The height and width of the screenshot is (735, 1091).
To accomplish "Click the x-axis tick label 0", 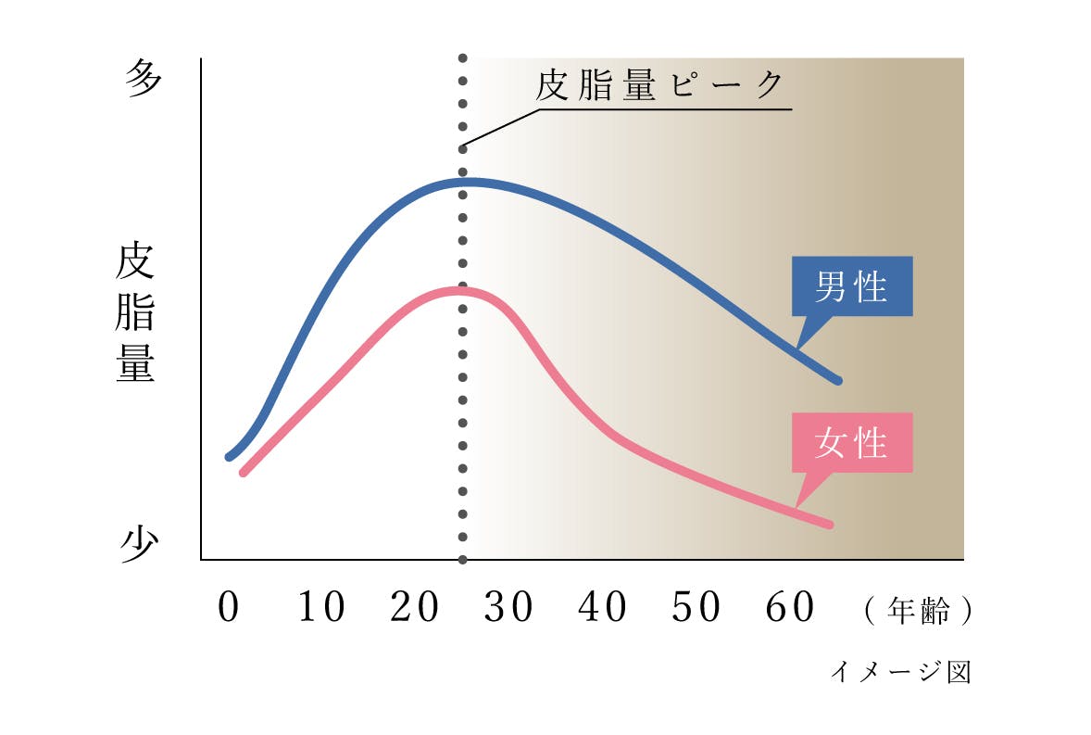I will pyautogui.click(x=228, y=608).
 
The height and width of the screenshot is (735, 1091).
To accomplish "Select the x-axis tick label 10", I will pyautogui.click(x=321, y=608).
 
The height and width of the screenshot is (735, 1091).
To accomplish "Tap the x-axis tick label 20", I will pyautogui.click(x=414, y=608).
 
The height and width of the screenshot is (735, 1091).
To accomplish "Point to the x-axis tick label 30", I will pyautogui.click(x=508, y=608).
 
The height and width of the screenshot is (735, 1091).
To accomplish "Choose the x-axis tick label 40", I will pyautogui.click(x=602, y=608).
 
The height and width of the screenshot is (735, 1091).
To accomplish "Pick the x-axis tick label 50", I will pyautogui.click(x=696, y=608).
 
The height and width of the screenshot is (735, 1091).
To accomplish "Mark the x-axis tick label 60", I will pyautogui.click(x=790, y=608).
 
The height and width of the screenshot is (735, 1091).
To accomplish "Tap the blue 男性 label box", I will pyautogui.click(x=852, y=287).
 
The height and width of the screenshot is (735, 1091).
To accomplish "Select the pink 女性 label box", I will pyautogui.click(x=852, y=443).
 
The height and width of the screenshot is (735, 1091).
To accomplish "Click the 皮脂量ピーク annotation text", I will pyautogui.click(x=660, y=86).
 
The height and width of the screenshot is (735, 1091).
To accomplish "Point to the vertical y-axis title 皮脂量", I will pyautogui.click(x=136, y=313).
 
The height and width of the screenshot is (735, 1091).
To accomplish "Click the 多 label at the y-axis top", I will pyautogui.click(x=143, y=80).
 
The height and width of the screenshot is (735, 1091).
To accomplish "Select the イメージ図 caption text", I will pyautogui.click(x=900, y=671).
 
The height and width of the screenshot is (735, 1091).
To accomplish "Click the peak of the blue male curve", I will pyautogui.click(x=463, y=181).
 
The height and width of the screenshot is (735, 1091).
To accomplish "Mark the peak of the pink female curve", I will pyautogui.click(x=458, y=291).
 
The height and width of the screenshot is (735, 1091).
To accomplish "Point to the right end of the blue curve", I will pyautogui.click(x=837, y=380).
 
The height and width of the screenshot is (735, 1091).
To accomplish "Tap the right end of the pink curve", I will pyautogui.click(x=829, y=525).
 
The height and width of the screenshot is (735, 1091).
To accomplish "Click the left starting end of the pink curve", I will pyautogui.click(x=244, y=472).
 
